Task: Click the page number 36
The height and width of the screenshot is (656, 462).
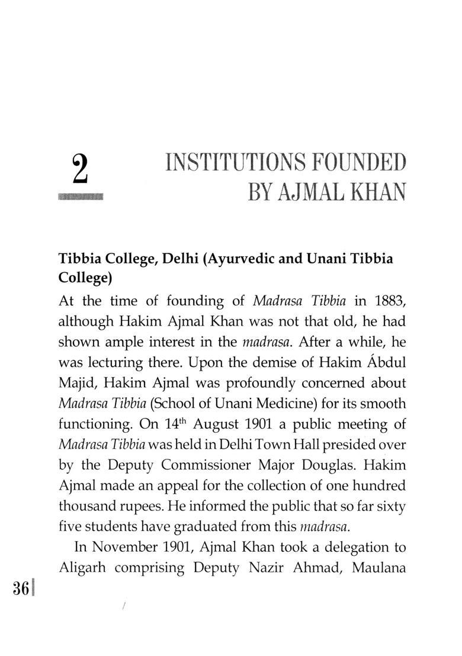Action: pyautogui.click(x=21, y=590)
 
